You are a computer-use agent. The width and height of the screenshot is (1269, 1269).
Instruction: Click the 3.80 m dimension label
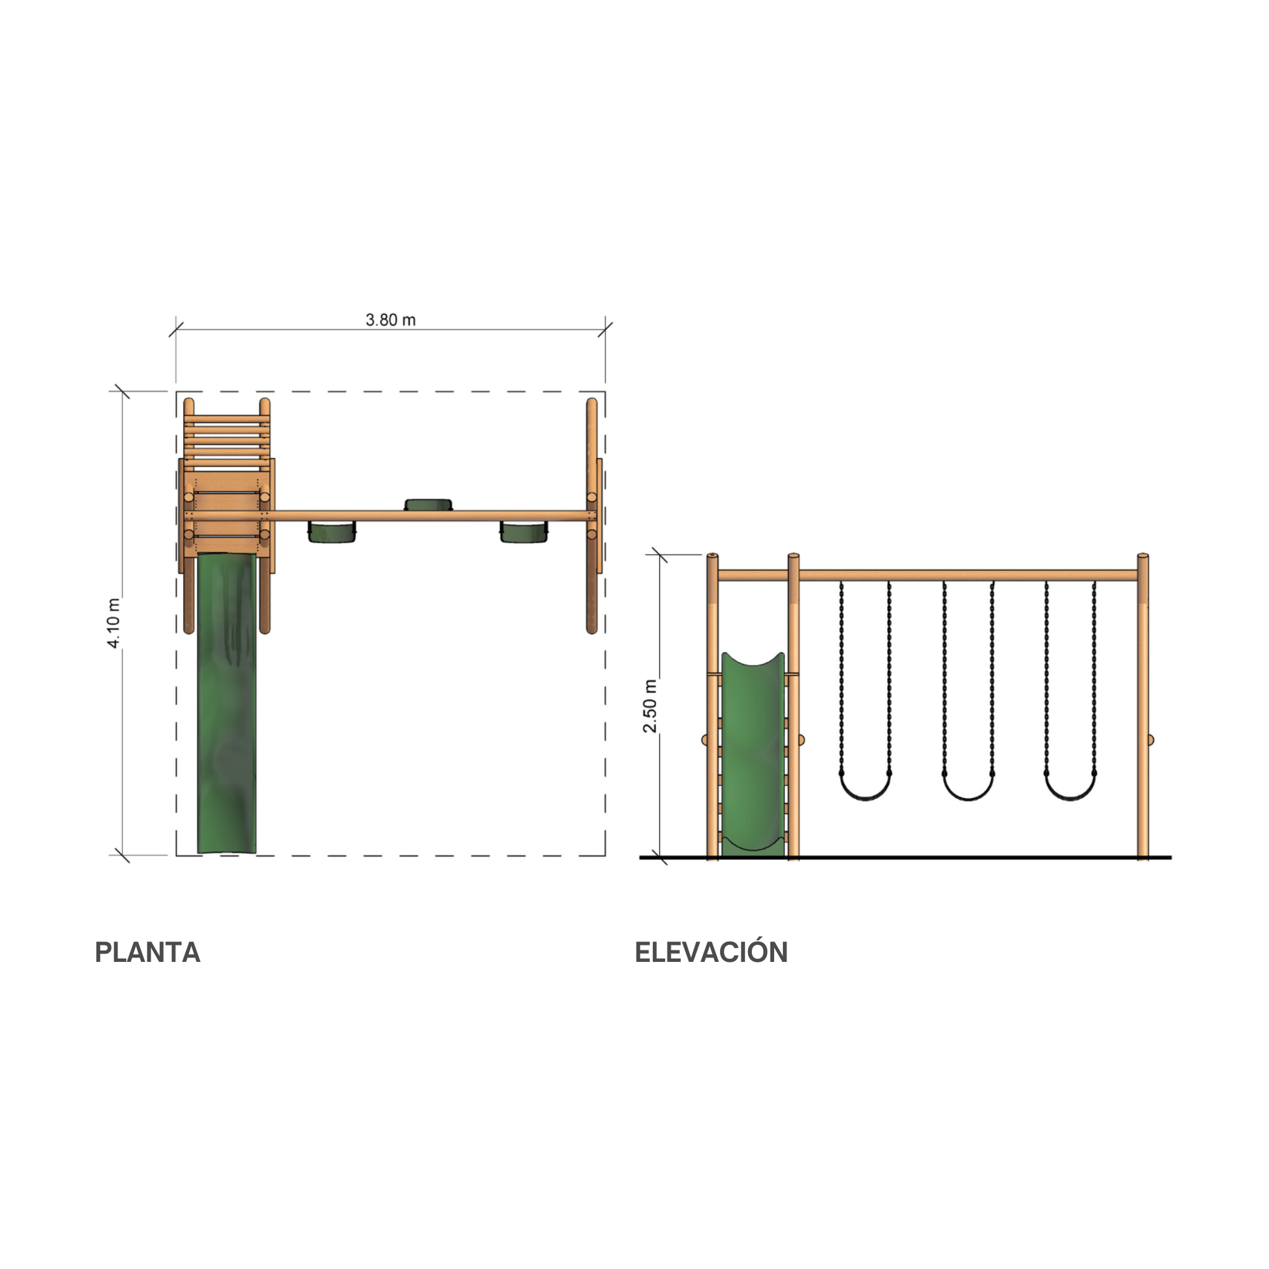point(390,320)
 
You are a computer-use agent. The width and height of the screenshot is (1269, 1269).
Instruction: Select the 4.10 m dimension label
point(113,623)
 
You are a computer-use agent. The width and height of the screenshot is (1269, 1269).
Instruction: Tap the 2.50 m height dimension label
point(649,706)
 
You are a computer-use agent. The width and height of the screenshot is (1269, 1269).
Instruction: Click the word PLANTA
point(147,953)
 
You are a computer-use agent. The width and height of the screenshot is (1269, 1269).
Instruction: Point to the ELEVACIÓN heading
point(711,952)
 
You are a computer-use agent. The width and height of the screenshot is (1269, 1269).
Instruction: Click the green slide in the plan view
point(227,703)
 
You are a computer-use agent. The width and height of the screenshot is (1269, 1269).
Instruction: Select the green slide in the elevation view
point(753,754)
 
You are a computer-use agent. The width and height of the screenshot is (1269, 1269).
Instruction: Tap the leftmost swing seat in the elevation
point(865,786)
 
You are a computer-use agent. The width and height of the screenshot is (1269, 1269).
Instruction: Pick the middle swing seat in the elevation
point(968,786)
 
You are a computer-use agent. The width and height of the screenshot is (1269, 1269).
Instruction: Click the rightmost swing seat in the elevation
point(1070,786)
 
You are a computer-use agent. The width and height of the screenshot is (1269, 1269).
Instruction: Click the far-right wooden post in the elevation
point(1143,706)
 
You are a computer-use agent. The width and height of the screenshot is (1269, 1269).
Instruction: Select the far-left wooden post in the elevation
point(713,706)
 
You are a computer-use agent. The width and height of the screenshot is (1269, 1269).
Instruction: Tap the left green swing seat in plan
point(333,531)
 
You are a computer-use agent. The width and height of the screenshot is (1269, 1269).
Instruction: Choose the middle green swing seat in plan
point(428,505)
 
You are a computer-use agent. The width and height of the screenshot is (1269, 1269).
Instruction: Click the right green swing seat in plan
point(524,531)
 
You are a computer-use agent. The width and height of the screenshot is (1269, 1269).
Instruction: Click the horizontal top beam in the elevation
point(927,575)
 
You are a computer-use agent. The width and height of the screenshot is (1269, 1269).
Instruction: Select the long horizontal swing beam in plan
point(430,516)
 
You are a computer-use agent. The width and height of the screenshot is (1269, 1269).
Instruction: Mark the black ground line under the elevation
point(906,858)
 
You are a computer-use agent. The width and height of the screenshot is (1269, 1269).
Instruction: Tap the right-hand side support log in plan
point(591,516)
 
